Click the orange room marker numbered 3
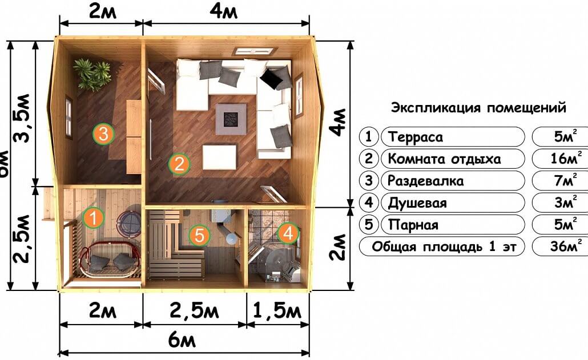click(x=103, y=134)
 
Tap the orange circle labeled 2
click(x=179, y=164)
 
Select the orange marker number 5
click(x=199, y=235)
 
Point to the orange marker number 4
click(x=288, y=233)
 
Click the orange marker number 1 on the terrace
click(x=94, y=217)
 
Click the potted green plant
click(x=92, y=74)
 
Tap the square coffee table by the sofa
click(x=231, y=119)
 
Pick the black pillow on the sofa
click(x=271, y=79)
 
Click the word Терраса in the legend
click(x=416, y=137)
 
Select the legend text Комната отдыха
click(x=444, y=159)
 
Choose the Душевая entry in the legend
click(x=417, y=203)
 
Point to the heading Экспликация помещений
click(x=478, y=108)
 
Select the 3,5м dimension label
click(x=22, y=118)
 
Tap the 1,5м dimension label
click(x=277, y=310)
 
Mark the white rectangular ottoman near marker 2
click(x=220, y=157)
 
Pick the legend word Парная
click(x=413, y=225)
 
